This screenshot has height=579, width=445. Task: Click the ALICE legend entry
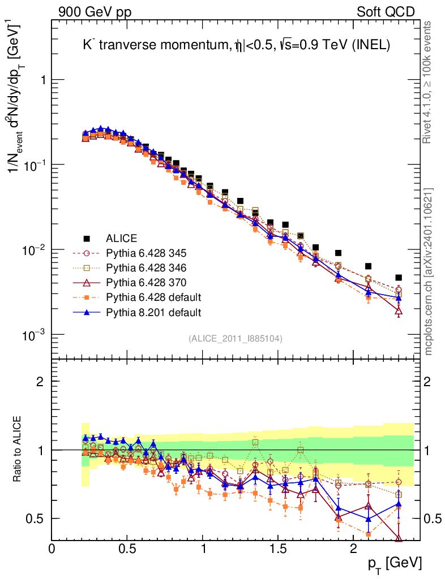click(x=122, y=238)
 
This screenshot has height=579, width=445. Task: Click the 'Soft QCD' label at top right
click(x=386, y=12)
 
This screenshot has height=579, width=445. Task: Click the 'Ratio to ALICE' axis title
click(x=19, y=450)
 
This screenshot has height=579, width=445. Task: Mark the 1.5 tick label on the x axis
click(x=278, y=548)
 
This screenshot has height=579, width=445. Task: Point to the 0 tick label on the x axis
click(x=52, y=548)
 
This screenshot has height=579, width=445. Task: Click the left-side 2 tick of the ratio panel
click(x=40, y=381)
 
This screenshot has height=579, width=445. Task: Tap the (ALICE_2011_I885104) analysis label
click(x=236, y=338)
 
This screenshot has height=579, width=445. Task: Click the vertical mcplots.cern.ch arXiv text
click(x=429, y=271)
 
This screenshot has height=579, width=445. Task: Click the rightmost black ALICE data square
click(x=399, y=278)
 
